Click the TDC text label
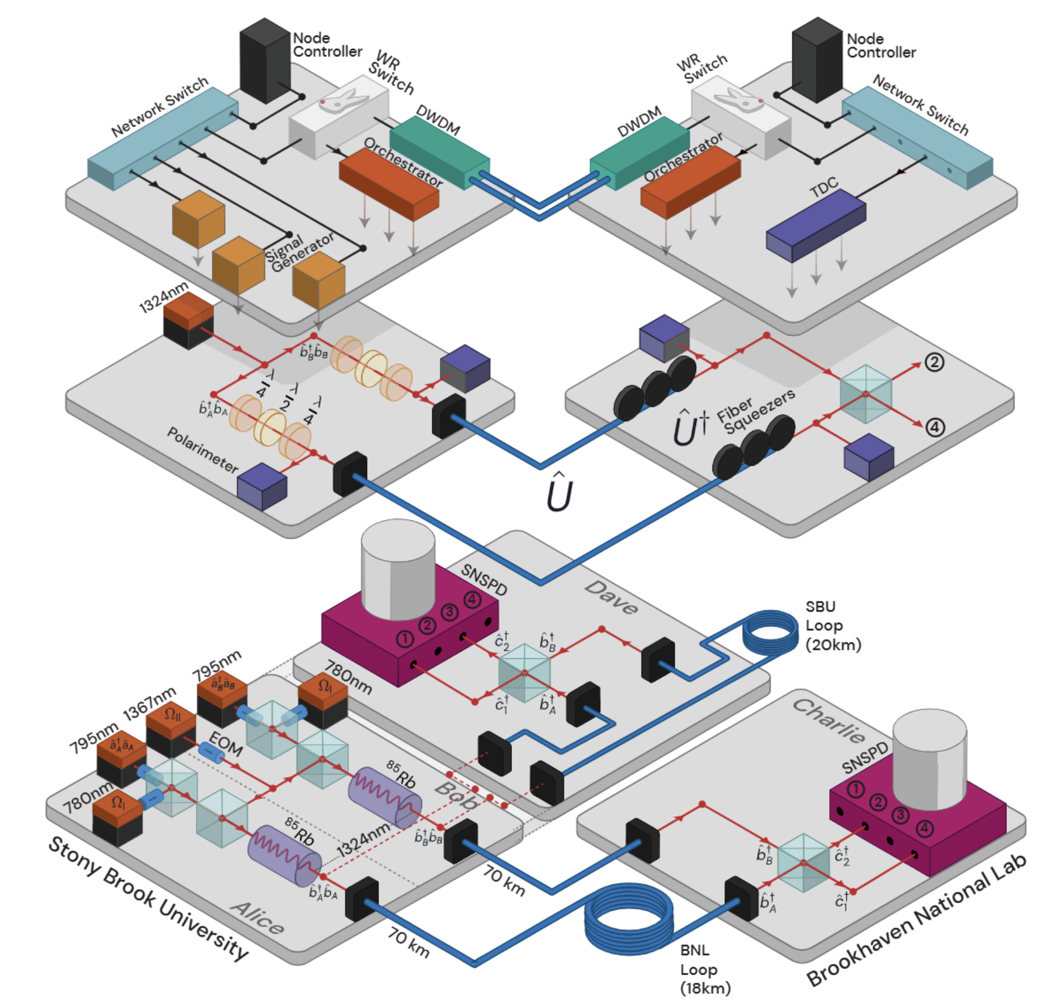point(823,188)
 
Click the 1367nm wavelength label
point(149,702)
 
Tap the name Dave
point(612,597)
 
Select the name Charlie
point(829,721)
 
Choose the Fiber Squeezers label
point(756,411)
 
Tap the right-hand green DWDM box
point(640,152)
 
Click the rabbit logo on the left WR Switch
point(343,100)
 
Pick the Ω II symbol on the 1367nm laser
point(172,715)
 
